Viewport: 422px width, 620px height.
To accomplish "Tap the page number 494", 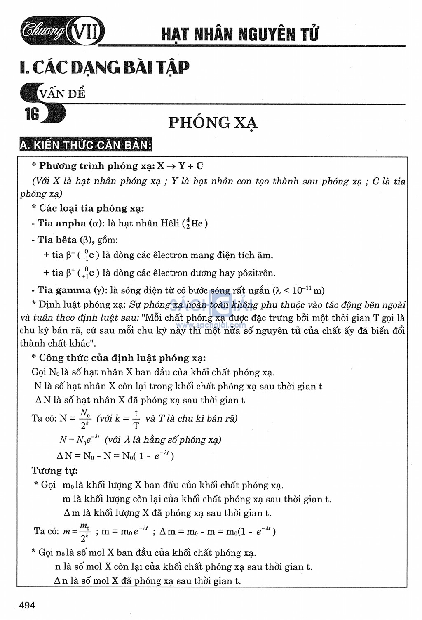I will [27, 605].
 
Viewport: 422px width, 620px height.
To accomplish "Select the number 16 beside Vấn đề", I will [32, 114].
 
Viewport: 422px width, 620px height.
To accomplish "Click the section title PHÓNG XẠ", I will [213, 123].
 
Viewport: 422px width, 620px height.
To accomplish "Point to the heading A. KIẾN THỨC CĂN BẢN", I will [86, 145].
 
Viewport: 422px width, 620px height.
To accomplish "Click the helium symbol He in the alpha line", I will [197, 224].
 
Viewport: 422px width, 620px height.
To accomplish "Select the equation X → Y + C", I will [180, 166].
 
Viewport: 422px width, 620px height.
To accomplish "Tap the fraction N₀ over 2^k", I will [85, 418].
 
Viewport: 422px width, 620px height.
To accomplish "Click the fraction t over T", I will [136, 419].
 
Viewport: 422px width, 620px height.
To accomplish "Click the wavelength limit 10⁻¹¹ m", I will [308, 290].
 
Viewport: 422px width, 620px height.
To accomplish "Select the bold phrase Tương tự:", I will [55, 470].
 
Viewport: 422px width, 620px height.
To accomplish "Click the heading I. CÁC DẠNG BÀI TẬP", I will [105, 68].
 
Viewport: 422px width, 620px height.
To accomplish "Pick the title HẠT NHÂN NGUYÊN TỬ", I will [240, 34].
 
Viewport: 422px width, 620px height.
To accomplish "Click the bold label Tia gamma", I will [63, 290].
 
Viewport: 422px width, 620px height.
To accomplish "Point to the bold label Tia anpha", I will [62, 224].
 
